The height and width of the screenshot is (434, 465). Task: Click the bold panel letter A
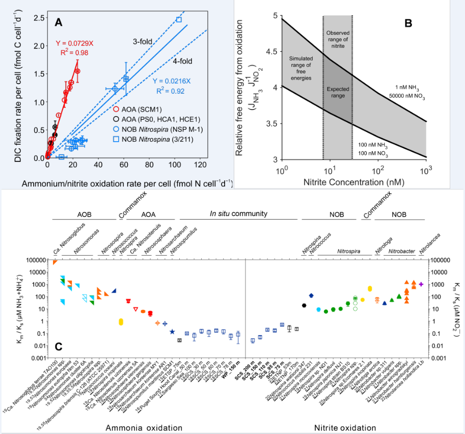[x=59, y=22]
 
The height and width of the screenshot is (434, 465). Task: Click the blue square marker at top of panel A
[x=179, y=19]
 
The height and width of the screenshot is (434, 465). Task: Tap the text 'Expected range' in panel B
[x=337, y=92]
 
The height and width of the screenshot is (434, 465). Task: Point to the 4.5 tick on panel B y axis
[x=273, y=51]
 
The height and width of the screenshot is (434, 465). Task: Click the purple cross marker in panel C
[x=421, y=284]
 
